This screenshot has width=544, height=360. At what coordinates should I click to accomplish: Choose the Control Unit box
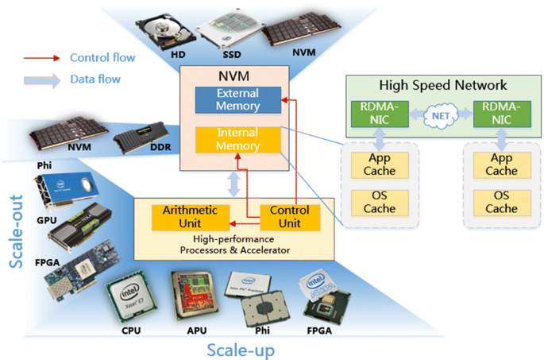point(290,216)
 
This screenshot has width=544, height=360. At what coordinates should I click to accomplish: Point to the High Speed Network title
point(443,85)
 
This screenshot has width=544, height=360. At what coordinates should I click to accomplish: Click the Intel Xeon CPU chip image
point(131,300)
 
